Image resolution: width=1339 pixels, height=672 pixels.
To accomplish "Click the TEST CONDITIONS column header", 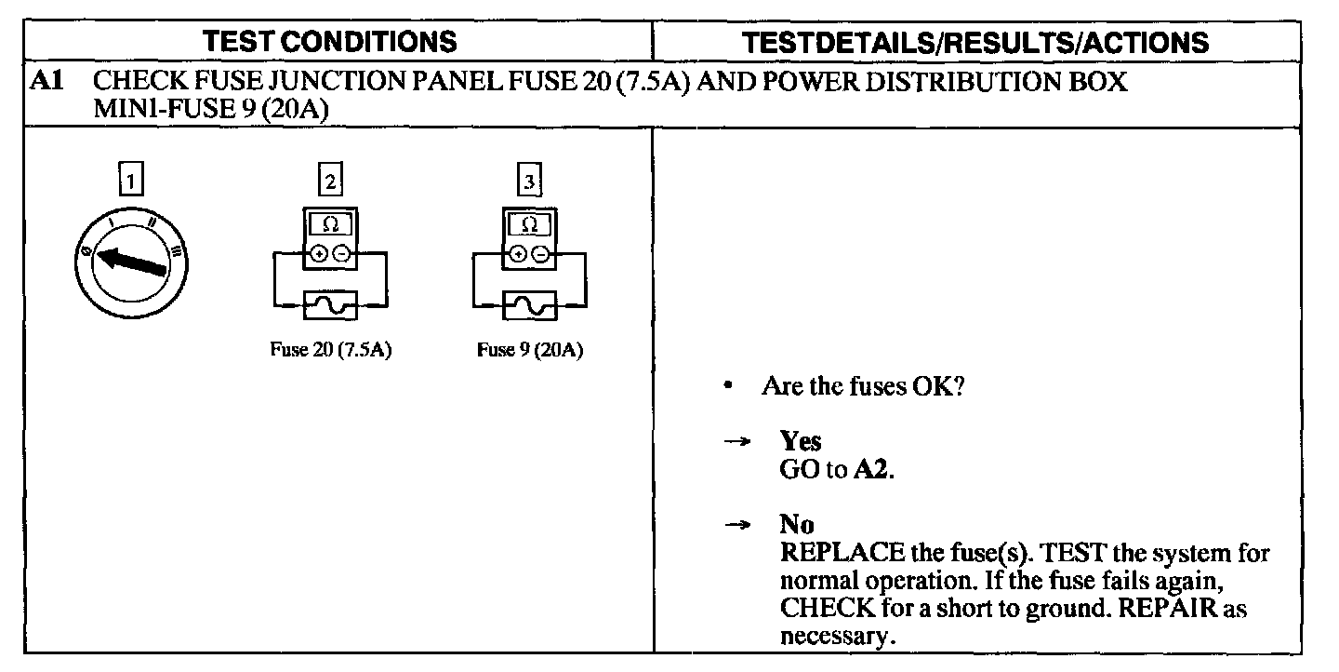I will tap(330, 42).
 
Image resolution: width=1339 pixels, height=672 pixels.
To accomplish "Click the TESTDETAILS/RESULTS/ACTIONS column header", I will tap(976, 42).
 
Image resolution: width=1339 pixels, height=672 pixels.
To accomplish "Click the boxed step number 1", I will tap(132, 179).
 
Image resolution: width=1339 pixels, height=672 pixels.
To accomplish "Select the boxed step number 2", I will tap(330, 179).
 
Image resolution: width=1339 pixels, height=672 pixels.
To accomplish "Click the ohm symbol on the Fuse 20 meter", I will tap(330, 224).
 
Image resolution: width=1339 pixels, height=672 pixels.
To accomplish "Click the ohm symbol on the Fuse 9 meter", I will tap(529, 224).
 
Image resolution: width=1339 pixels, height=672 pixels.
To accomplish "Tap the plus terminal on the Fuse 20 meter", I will tap(320, 253).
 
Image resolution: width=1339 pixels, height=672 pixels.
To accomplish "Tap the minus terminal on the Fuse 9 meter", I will tap(540, 253).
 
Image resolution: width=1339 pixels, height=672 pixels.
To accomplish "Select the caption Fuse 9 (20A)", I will tap(529, 351).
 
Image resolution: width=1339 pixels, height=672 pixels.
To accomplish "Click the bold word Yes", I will tap(801, 441).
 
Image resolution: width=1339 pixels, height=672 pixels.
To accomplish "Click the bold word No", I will tap(797, 525).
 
